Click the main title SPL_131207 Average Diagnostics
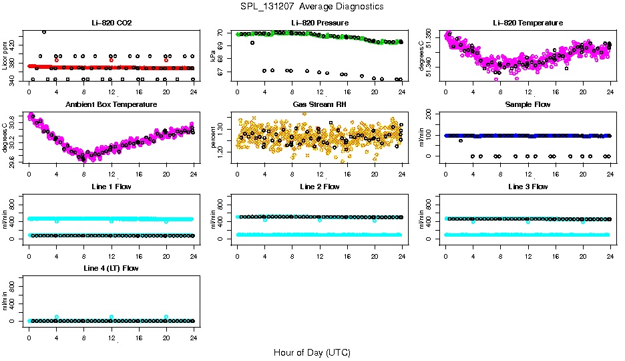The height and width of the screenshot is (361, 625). tap(312, 6)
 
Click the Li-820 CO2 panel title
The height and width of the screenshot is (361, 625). tap(112, 23)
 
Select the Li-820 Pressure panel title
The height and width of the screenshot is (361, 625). tap(319, 23)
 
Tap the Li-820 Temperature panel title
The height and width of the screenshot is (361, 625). tap(528, 23)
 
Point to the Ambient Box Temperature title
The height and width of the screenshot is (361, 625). tap(112, 105)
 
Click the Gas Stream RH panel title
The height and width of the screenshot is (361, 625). tap(319, 105)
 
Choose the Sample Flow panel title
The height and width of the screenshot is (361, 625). tap(528, 105)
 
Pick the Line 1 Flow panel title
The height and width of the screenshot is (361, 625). tap(112, 187)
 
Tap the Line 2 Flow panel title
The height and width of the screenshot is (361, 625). tap(319, 187)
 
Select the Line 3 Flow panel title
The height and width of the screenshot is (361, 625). tap(528, 187)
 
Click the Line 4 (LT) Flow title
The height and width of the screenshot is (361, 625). tap(112, 268)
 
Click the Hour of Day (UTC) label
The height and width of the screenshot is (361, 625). tap(312, 352)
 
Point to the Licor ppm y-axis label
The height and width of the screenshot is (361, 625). tap(5, 55)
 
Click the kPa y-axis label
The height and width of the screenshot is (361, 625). tap(214, 55)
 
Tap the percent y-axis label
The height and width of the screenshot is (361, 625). tap(214, 138)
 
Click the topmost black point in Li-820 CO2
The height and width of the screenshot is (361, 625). tap(44, 31)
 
